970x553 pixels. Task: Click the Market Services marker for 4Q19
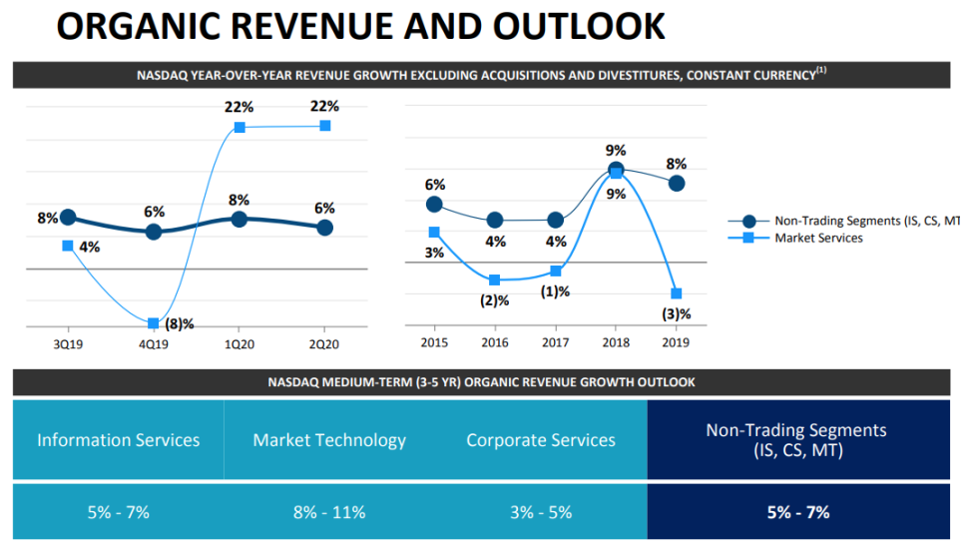coord(153,323)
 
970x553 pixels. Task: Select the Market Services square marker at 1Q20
coord(240,127)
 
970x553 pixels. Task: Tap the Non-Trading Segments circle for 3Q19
coord(68,218)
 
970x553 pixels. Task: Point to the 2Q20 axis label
coord(324,343)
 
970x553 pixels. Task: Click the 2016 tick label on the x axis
coord(495,343)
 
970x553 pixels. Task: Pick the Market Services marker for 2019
coord(676,293)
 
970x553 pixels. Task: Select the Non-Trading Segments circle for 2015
coord(434,205)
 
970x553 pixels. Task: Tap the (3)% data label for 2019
coord(676,313)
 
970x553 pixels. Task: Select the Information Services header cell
coord(119,440)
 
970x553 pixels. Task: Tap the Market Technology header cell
coord(329,440)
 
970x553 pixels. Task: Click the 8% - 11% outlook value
coord(329,512)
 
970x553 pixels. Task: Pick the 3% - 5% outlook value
coord(541,512)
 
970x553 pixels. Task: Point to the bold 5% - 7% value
coord(796,512)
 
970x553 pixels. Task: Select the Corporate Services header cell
coord(541,440)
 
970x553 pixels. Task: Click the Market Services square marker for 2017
coord(556,272)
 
